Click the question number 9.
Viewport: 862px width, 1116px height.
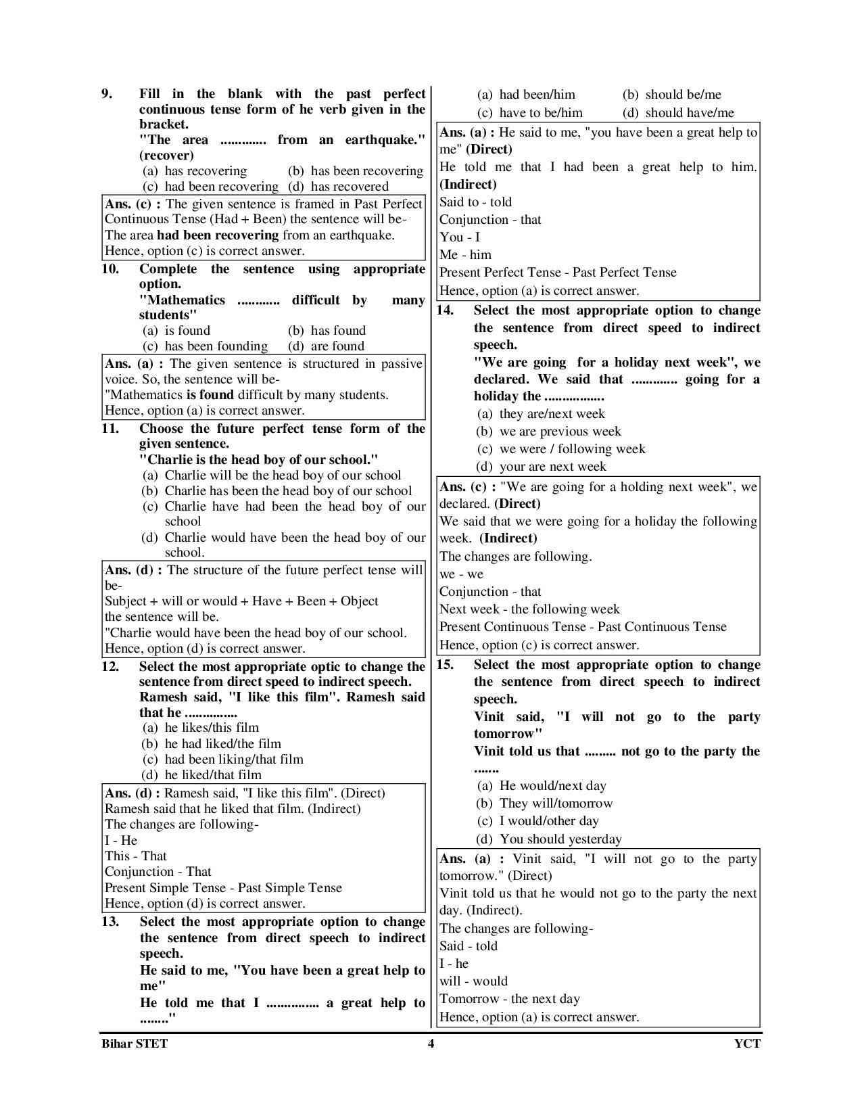107,94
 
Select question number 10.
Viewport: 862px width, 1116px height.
110,269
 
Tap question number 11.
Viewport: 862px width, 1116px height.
110,429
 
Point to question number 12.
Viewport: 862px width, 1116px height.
110,666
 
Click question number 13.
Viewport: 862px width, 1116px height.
110,921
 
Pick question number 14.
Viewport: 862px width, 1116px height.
444,310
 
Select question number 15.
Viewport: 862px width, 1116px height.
444,665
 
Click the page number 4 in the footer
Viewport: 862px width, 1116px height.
431,1043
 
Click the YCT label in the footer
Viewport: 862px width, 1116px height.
747,1043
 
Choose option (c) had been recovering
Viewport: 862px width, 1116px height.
211,187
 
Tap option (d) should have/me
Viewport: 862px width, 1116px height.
678,113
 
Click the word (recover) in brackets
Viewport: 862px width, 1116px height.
166,156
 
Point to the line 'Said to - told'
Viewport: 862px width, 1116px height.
475,202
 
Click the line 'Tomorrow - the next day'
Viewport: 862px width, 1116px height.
509,999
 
